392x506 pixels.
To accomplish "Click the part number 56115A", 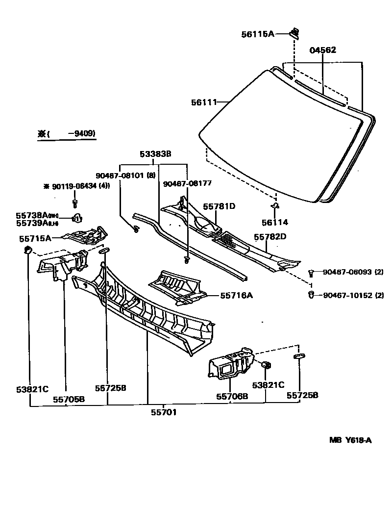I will click(257, 34).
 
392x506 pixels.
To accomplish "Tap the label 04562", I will click(323, 50).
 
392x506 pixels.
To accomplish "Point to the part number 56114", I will click(274, 222).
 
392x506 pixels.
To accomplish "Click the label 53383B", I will click(155, 154).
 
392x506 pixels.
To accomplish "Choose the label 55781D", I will click(219, 206).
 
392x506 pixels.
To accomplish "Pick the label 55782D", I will click(270, 237).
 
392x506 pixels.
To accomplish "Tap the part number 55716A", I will click(236, 295).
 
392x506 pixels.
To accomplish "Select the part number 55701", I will click(164, 412).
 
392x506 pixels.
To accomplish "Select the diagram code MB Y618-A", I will click(350, 440).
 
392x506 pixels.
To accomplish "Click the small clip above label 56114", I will click(275, 206).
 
